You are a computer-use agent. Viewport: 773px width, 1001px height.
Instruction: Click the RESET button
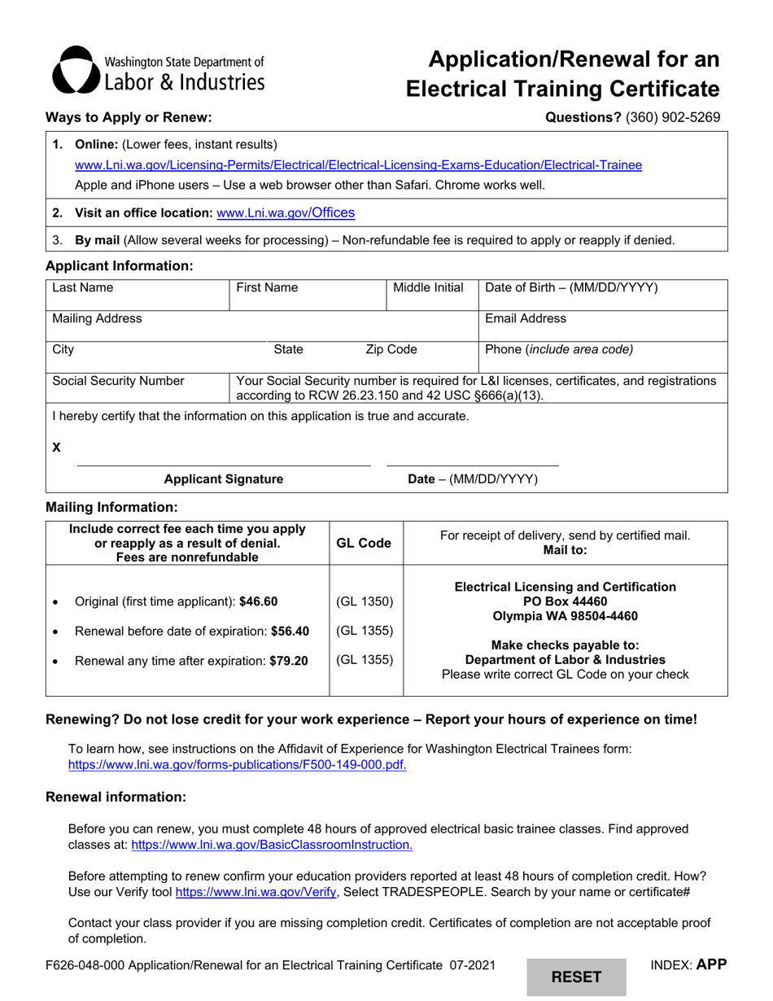[x=576, y=977]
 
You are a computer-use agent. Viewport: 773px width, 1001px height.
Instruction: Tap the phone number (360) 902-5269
[x=672, y=117]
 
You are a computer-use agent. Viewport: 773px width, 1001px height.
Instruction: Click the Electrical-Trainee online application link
[x=358, y=165]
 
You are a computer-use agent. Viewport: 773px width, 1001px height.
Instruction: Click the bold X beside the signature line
[x=57, y=448]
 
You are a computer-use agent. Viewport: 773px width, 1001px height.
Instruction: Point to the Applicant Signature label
[x=224, y=479]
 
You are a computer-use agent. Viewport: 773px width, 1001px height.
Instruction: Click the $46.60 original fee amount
[x=258, y=601]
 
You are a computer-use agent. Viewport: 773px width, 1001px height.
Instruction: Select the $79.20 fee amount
[x=289, y=661]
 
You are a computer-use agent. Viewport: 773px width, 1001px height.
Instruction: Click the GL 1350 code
[x=365, y=601]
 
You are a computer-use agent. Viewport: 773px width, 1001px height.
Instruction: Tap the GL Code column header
[x=364, y=544]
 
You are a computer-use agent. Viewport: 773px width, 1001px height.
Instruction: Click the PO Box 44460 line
[x=565, y=601]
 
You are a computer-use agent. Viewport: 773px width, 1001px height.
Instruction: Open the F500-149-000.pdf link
[x=237, y=765]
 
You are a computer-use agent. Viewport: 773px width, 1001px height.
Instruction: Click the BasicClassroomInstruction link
[x=272, y=845]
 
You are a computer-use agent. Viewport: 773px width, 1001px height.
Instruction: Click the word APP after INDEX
[x=711, y=965]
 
